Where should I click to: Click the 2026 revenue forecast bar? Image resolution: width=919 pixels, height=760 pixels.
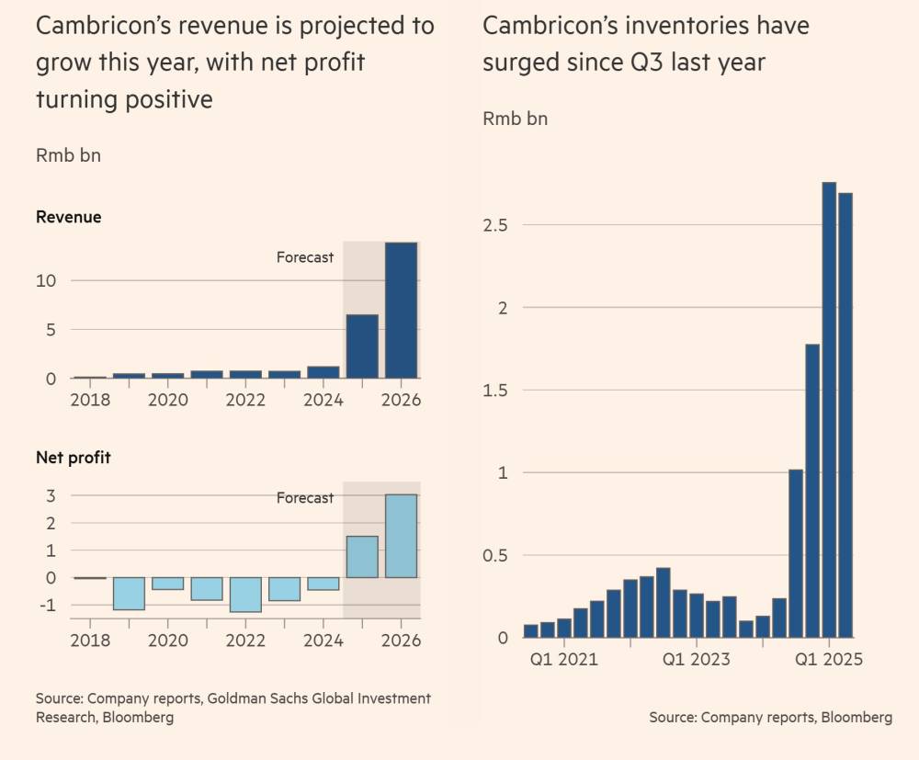401,311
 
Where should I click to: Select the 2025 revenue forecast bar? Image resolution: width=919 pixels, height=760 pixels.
361,346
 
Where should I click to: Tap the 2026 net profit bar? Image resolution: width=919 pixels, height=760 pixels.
401,536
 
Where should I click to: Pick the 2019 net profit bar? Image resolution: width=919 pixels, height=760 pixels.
129,594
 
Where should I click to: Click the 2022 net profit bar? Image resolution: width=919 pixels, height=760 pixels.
245,595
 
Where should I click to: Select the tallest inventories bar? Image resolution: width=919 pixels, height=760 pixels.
829,410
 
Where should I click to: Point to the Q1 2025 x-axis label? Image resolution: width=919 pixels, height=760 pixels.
829,659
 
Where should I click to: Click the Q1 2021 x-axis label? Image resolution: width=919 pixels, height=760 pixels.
565,659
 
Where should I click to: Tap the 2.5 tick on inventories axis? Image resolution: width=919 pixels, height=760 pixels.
497,225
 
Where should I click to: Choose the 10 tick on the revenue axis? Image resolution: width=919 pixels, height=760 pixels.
46,280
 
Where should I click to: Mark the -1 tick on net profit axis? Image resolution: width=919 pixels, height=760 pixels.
46,606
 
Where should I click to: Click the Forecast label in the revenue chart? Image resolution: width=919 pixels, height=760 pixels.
305,257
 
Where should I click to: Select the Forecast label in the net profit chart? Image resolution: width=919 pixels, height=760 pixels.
305,498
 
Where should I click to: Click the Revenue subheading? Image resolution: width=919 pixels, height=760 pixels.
68,218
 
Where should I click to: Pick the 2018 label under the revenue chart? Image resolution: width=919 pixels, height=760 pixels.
90,401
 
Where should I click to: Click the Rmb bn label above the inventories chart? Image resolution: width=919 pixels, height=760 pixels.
515,119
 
